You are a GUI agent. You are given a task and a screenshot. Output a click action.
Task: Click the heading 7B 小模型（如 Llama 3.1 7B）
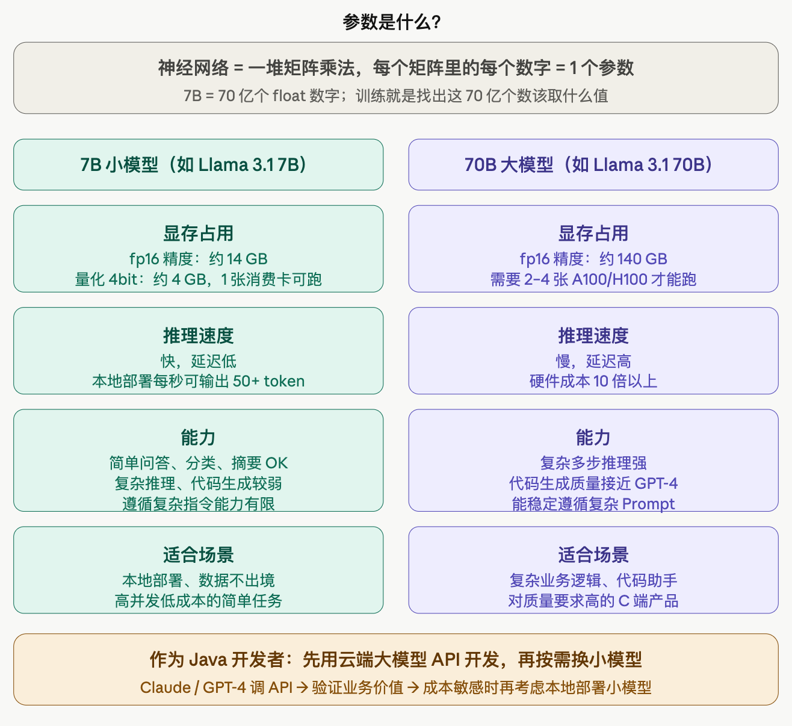pyautogui.click(x=198, y=164)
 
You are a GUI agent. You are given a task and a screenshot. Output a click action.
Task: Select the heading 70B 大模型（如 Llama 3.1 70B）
pyautogui.click(x=593, y=164)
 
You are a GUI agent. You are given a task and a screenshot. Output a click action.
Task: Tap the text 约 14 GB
pyautogui.click(x=238, y=259)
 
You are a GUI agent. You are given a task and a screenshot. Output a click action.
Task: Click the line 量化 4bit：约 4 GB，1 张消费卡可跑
pyautogui.click(x=198, y=279)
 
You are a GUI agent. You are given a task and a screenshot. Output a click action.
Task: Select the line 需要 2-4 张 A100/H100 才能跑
pyautogui.click(x=593, y=279)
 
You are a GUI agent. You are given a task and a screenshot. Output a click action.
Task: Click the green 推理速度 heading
pyautogui.click(x=198, y=335)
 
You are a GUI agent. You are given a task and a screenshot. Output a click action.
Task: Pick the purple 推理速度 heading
pyautogui.click(x=593, y=335)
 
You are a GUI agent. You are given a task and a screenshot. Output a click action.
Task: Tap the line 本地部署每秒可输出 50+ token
pyautogui.click(x=198, y=381)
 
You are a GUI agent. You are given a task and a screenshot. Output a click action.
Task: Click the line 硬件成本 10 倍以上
pyautogui.click(x=593, y=381)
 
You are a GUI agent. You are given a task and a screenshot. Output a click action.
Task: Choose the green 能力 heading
pyautogui.click(x=198, y=438)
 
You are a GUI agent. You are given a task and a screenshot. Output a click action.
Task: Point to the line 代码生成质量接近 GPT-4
pyautogui.click(x=593, y=483)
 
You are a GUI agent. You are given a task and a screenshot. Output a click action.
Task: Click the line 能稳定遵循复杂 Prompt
pyautogui.click(x=593, y=504)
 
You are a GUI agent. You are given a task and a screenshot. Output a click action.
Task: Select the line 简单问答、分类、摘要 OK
pyautogui.click(x=198, y=463)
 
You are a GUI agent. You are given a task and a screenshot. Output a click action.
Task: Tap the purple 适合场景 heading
pyautogui.click(x=593, y=554)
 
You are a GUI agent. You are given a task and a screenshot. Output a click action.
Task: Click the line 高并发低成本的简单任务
pyautogui.click(x=198, y=601)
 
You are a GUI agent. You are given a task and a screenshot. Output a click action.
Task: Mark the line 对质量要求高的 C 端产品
pyautogui.click(x=593, y=601)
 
